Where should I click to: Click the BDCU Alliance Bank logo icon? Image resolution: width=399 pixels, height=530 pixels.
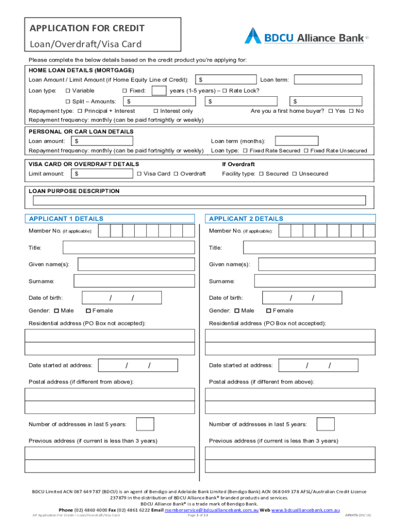pos(253,36)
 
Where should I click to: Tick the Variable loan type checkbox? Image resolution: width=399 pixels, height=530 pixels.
pos(67,91)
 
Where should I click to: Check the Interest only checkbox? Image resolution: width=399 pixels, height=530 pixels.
pos(156,111)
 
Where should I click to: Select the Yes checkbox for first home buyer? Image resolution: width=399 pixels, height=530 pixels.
pos(331,111)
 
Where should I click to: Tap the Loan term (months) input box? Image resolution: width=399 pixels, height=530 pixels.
pos(296,141)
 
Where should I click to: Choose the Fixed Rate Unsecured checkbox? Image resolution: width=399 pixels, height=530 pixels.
pos(306,151)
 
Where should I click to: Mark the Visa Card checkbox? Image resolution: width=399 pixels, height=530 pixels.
pos(139,174)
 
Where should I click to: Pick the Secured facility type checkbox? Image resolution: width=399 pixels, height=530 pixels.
pos(261,174)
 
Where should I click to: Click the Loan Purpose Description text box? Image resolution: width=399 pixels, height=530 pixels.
pos(199,201)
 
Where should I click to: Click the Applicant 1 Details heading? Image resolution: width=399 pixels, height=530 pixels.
pos(66,219)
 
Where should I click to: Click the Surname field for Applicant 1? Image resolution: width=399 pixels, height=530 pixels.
pos(134,281)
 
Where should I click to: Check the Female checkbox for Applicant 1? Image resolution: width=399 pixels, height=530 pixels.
pos(88,311)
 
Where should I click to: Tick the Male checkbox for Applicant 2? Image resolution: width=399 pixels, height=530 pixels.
pos(237,311)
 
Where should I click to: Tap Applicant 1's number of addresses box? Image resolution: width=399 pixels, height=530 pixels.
pos(145,424)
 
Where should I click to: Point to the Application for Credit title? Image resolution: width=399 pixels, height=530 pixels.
pos(87,28)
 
